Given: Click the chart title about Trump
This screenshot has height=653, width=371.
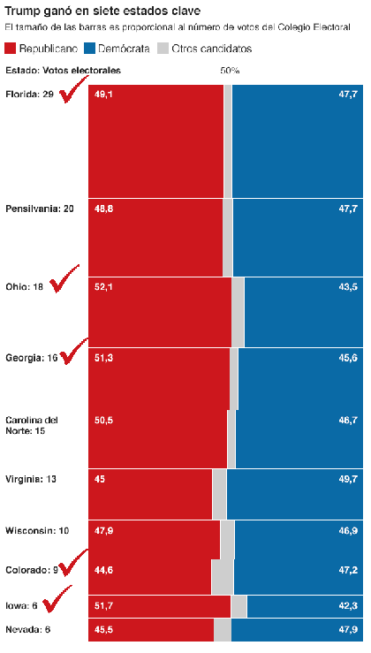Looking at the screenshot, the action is pos(102,11).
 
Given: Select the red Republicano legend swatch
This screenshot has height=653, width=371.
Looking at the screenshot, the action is pos(11,49).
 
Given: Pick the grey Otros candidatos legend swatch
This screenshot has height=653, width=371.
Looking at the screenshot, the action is pos(163,49).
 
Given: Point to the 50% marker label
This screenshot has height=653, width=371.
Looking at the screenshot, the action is pos(230,71).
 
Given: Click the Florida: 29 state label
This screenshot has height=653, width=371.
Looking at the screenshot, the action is pos(29,95).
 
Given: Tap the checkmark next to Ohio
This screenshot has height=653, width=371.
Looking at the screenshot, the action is pos(64,278).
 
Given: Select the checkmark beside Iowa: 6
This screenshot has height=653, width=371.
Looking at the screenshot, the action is pos(57,599).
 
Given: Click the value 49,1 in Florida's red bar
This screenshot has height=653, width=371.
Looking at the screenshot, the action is pos(103,95).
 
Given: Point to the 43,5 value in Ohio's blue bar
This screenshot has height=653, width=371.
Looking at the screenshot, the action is pos(348,287).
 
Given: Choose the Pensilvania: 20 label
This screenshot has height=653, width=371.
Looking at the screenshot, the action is pos(40,209).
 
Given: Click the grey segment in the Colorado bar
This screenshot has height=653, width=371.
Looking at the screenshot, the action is pos(223,576).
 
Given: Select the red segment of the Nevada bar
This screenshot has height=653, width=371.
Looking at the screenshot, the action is pos(151,630).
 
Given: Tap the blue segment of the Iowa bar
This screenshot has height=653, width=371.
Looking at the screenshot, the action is pos(305,606).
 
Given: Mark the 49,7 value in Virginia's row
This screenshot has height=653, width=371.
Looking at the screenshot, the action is pos(348,479).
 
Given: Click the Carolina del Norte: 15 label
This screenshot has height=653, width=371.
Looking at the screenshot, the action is pos(32,425).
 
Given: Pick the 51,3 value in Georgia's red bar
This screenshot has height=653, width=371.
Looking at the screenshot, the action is pos(103,358).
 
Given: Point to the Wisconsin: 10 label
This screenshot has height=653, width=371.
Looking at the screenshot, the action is pos(37,531).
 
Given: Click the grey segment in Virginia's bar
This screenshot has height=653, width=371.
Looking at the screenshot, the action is pos(219,494).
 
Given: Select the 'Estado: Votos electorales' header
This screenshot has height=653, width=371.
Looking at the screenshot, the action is pos(63,71).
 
